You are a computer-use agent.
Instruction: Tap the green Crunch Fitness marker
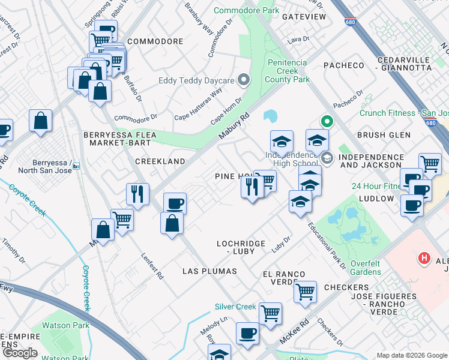(327, 121)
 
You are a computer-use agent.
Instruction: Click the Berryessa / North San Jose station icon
(76, 166)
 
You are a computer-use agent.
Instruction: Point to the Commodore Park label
(246, 11)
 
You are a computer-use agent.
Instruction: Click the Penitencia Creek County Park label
(287, 71)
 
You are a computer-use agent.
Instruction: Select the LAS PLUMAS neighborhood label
(209, 271)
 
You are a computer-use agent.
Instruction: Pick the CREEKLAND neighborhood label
(160, 161)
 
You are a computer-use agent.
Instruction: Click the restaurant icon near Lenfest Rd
(138, 194)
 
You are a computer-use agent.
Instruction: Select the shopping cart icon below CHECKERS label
(306, 292)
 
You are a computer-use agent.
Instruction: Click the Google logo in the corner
(20, 353)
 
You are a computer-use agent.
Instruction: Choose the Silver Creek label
(236, 307)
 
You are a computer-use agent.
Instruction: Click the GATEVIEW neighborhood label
(304, 17)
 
